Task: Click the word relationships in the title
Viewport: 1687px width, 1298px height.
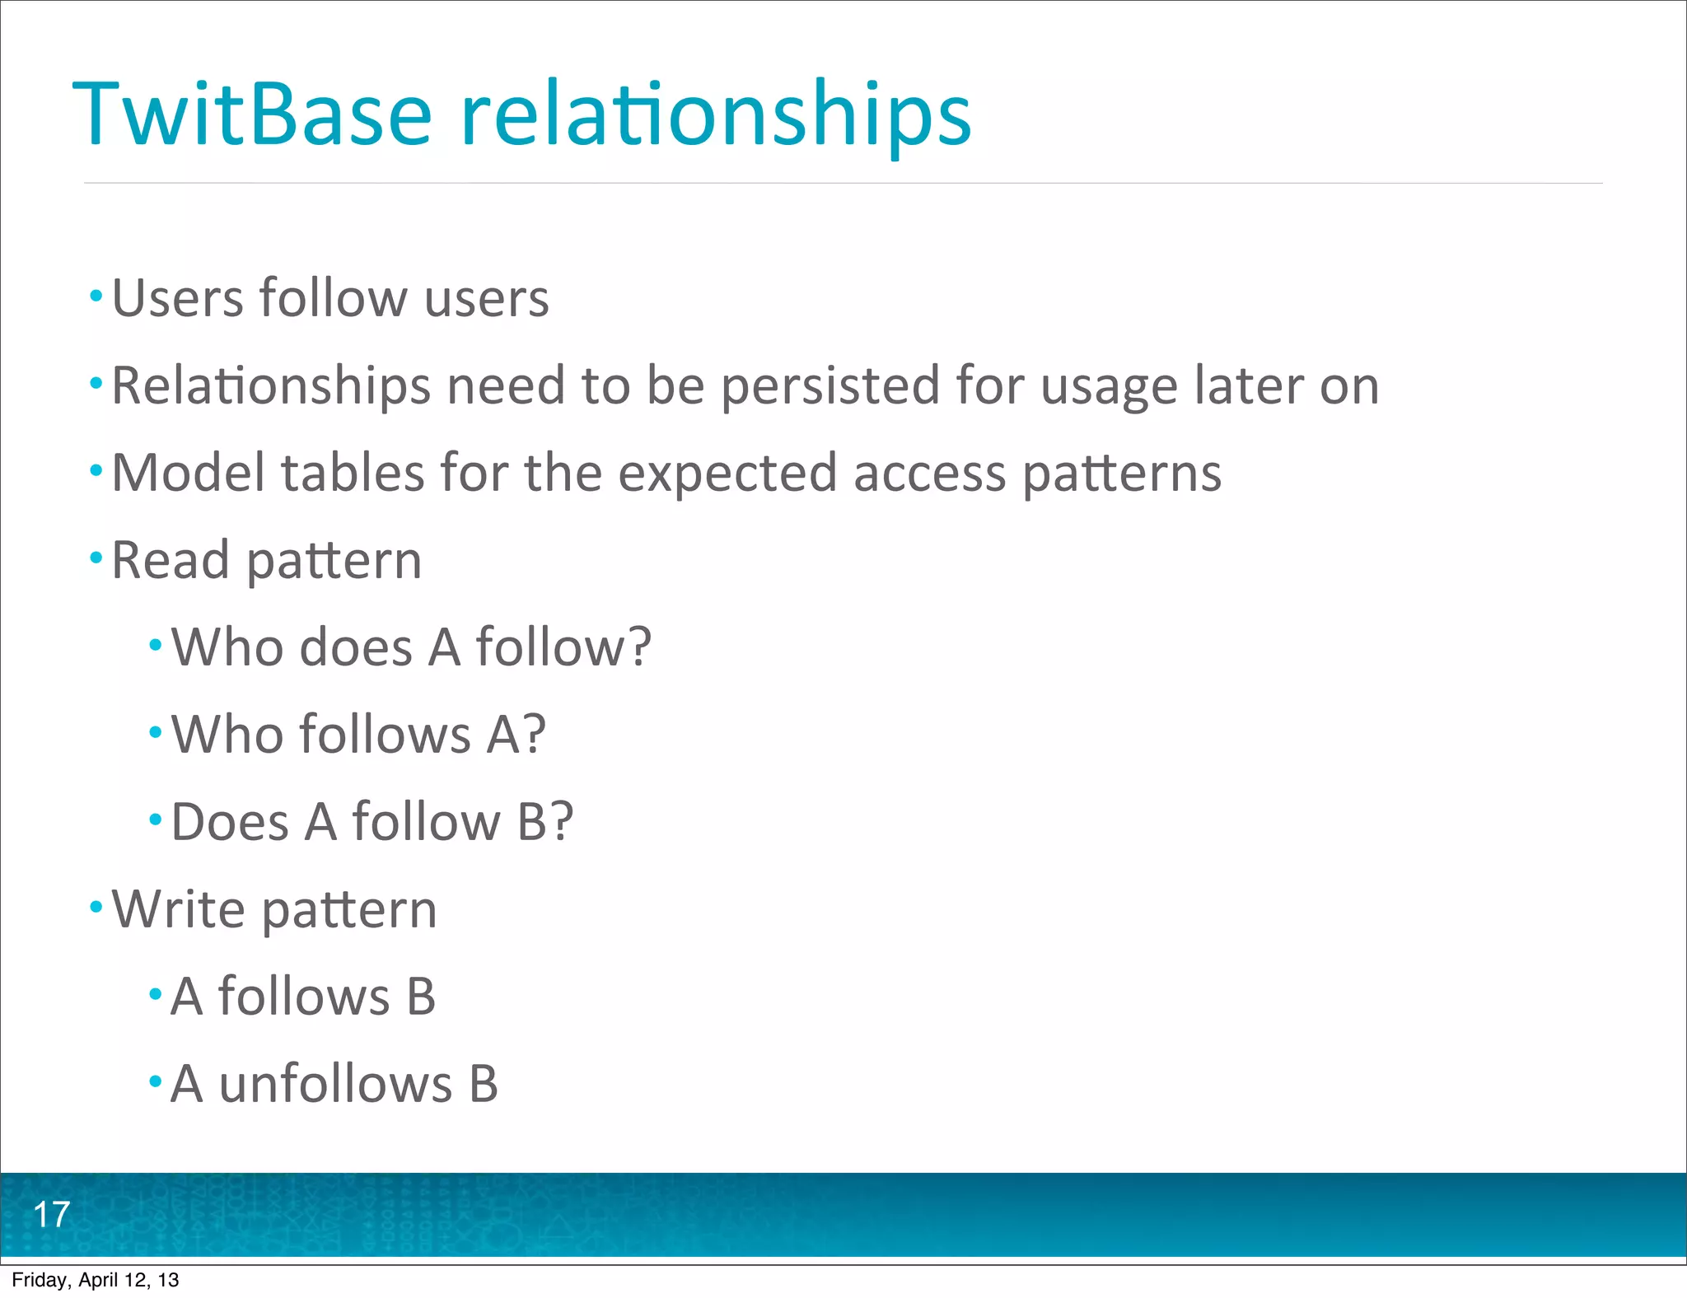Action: pos(715,115)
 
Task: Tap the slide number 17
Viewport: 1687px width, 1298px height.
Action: pos(51,1215)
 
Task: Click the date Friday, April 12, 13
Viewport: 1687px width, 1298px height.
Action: pos(95,1280)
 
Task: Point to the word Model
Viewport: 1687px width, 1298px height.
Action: pos(187,474)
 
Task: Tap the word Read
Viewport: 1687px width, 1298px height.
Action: pos(170,561)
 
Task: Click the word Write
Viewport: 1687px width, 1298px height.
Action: pos(178,910)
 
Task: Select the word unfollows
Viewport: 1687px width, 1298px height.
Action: pos(335,1085)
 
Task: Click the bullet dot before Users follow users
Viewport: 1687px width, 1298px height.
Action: pos(96,296)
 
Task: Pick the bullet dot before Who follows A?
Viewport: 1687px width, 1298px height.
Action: pos(156,732)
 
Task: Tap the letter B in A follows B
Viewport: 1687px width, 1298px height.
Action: pos(421,997)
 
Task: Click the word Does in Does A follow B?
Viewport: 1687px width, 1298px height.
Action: pos(230,823)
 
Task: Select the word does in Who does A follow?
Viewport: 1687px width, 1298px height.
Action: pos(356,648)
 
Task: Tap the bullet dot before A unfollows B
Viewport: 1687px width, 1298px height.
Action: pos(156,1081)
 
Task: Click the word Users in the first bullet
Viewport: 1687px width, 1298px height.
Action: pos(176,298)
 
